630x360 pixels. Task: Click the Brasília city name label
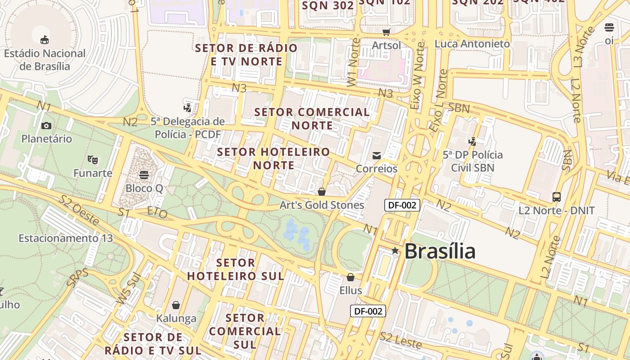440,251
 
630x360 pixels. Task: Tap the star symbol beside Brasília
395,251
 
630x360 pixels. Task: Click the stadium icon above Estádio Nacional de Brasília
45,40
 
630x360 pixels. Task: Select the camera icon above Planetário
46,126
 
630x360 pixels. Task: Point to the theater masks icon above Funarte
93,159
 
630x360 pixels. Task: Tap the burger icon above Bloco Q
144,174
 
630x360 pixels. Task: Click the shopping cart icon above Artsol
386,32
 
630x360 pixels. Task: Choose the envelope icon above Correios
377,156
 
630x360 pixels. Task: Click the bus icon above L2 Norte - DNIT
557,197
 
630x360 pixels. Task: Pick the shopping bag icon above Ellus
351,277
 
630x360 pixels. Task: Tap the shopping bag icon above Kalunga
176,305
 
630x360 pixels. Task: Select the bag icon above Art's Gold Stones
322,192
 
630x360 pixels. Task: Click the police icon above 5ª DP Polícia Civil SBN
472,142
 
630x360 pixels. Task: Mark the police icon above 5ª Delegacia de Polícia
187,108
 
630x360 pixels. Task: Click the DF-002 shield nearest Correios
402,206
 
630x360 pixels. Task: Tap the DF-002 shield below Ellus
368,311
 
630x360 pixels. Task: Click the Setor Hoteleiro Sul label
235,269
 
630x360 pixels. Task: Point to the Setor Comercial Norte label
312,118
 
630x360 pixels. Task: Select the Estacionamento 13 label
66,238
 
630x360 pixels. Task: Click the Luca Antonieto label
472,44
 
